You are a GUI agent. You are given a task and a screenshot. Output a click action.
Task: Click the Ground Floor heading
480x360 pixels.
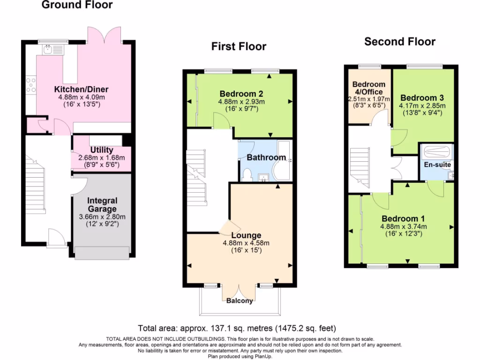tap(77, 5)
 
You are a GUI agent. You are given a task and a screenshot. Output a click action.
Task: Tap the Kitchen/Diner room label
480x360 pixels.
tap(82, 90)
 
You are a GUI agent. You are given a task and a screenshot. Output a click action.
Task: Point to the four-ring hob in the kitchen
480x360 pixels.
tap(31, 85)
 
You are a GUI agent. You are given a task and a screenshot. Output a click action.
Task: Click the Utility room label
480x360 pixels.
tap(102, 150)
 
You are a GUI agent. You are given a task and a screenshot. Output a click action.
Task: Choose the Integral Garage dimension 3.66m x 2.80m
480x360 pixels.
tap(102, 217)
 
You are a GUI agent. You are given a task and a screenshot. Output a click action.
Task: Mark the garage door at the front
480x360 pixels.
tap(102, 253)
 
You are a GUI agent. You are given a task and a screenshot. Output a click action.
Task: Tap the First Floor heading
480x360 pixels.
tap(239, 46)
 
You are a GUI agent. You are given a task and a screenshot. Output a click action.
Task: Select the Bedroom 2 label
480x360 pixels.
tap(241, 94)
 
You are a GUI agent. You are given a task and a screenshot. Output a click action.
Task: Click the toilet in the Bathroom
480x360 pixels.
tap(247, 175)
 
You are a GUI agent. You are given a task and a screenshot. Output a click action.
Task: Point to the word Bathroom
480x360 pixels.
tap(266, 157)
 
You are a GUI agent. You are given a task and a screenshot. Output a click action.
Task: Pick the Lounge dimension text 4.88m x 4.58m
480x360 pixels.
tap(246, 243)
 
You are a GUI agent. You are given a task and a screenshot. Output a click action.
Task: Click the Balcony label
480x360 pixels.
tap(240, 300)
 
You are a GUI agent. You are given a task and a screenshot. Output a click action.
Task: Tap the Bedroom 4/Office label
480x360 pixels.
tap(369, 88)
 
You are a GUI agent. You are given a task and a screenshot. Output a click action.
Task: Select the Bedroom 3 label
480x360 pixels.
tap(422, 98)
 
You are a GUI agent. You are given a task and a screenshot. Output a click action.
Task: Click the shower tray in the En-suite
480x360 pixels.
tap(436, 151)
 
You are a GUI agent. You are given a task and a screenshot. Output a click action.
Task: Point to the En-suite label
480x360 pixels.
tap(437, 165)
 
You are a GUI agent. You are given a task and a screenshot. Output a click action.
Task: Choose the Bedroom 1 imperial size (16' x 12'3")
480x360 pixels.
tap(404, 233)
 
